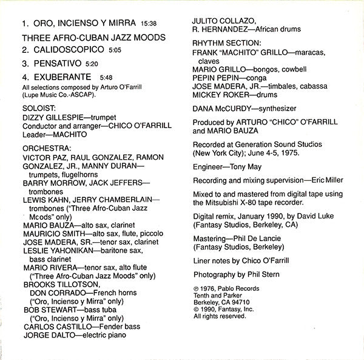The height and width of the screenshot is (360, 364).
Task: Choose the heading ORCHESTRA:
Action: pos(46,147)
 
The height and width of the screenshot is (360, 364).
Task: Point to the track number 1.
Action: pos(24,25)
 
